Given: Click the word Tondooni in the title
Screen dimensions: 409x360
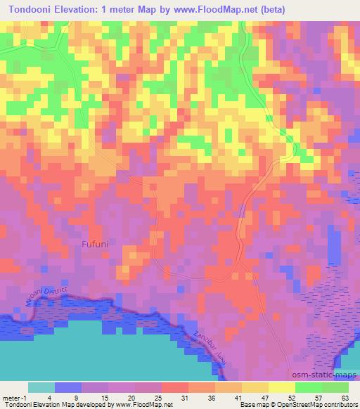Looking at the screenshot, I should tap(34, 10).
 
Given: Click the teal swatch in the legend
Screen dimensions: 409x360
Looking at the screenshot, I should tap(41, 387).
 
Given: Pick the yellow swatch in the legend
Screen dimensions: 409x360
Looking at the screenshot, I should tap(281, 387).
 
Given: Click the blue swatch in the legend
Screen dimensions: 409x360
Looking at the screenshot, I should tap(68, 387).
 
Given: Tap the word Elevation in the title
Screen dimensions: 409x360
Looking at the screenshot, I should tap(89, 10).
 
